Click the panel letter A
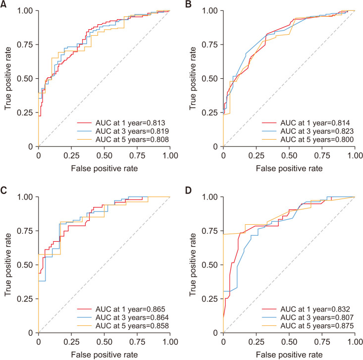click(x=4, y=4)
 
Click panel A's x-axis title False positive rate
click(x=104, y=168)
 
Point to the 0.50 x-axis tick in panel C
click(x=104, y=342)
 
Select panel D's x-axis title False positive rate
click(x=289, y=355)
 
